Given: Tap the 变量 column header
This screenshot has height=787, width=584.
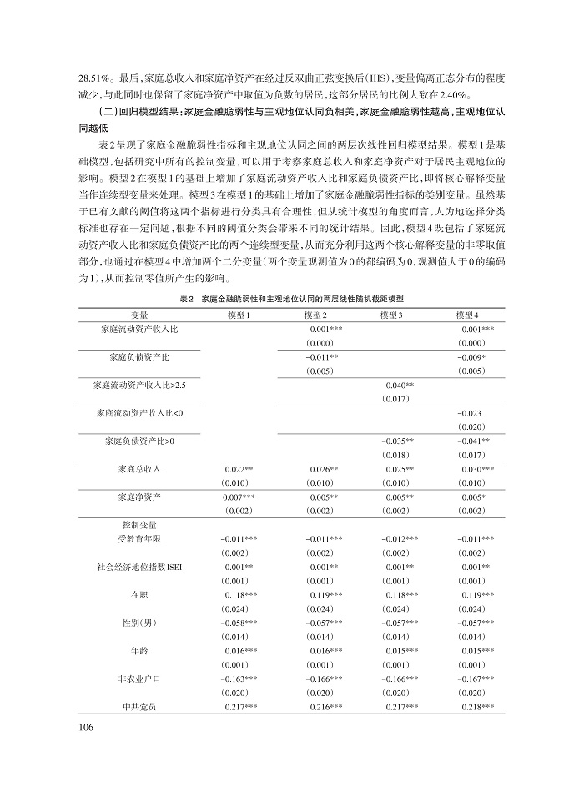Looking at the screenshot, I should click(140, 314).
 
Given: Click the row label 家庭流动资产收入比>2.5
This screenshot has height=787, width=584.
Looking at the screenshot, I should click(140, 385).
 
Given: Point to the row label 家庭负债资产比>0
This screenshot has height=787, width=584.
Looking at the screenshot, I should click(140, 440).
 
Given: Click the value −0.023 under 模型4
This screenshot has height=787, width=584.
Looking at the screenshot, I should click(473, 412).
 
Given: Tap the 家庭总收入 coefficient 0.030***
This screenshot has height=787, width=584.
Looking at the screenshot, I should click(476, 469).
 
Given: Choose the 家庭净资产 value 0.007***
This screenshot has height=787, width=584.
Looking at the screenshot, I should click(239, 497).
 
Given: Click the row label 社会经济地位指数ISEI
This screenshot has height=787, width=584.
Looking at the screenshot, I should click(140, 567).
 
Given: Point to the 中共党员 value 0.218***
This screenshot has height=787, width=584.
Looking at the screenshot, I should click(476, 707).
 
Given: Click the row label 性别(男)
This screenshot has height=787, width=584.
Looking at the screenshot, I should click(140, 623).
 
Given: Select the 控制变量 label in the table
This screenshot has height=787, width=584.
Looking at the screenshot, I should click(140, 525).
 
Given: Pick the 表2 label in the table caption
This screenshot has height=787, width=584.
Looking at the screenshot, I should click(187, 298).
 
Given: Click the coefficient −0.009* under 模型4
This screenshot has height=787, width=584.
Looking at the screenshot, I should click(473, 357).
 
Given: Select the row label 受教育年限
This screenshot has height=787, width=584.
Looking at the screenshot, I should click(140, 539).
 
